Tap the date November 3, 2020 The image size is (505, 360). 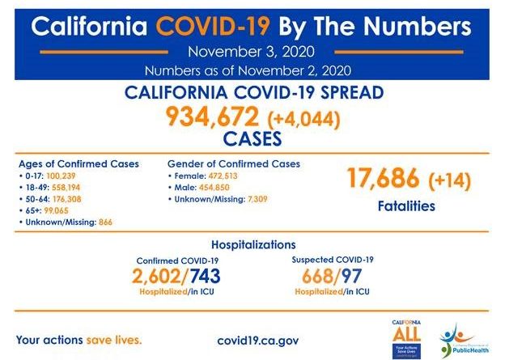click(x=252, y=53)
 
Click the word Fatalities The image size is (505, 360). click(x=406, y=206)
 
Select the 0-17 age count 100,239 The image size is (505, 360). click(x=62, y=175)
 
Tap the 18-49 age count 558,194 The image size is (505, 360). click(x=66, y=186)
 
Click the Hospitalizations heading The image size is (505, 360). click(x=252, y=244)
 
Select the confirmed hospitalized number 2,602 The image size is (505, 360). click(x=167, y=276)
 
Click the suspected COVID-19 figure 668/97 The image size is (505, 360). click(x=332, y=276)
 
